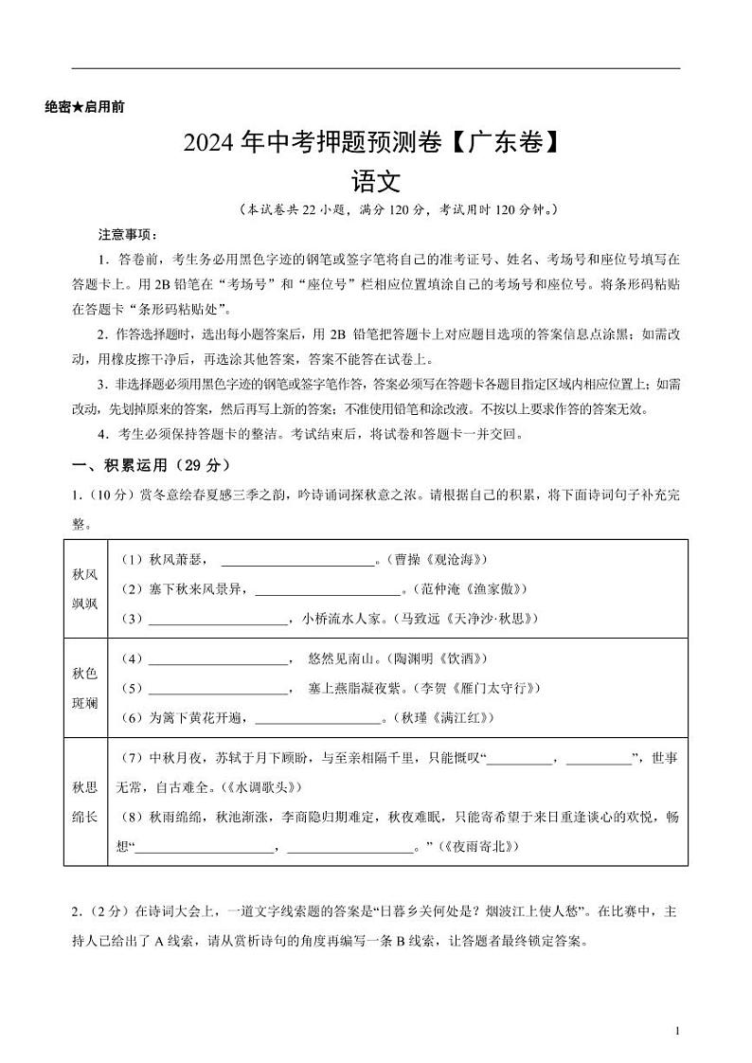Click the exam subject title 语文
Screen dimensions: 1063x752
[x=376, y=180]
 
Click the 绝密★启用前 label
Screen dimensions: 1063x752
[x=84, y=107]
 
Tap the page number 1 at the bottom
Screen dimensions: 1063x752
[x=677, y=1030]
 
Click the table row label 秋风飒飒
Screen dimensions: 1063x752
[x=84, y=588]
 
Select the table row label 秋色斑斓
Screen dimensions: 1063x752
[x=84, y=687]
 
